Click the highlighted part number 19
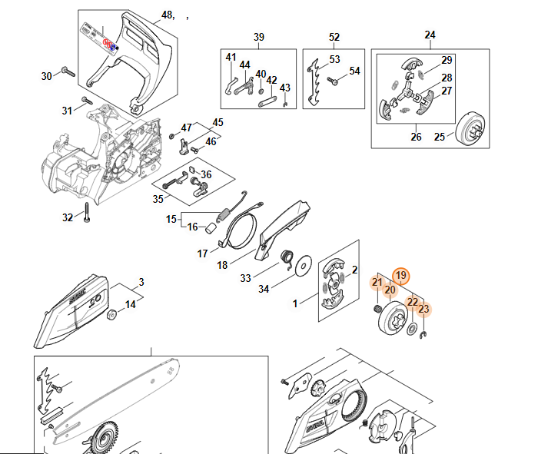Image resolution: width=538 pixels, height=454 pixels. pyautogui.click(x=400, y=276)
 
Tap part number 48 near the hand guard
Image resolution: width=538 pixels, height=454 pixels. pyautogui.click(x=168, y=15)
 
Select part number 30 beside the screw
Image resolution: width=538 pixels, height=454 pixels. pyautogui.click(x=46, y=75)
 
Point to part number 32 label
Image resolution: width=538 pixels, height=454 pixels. pyautogui.click(x=68, y=217)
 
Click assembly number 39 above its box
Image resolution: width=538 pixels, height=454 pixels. pyautogui.click(x=259, y=37)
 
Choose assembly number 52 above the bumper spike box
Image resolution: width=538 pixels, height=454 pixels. pyautogui.click(x=334, y=37)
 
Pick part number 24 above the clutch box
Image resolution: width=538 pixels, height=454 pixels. pyautogui.click(x=430, y=35)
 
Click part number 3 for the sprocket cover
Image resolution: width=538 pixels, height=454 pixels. pyautogui.click(x=141, y=282)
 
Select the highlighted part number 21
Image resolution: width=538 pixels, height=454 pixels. pyautogui.click(x=377, y=283)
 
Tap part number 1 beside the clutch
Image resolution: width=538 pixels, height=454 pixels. pyautogui.click(x=295, y=304)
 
